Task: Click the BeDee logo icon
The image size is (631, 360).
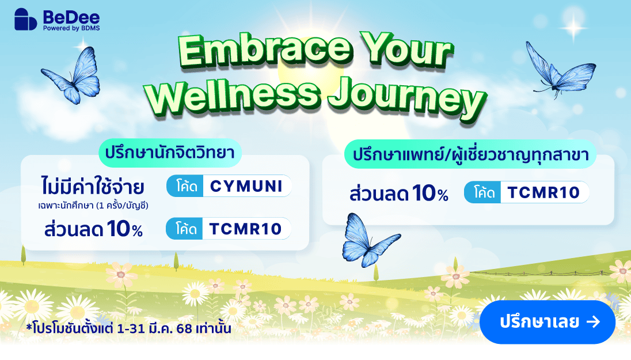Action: coord(26,20)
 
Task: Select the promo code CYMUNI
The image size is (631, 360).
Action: coord(246,186)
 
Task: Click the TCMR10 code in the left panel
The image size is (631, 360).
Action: coord(245,229)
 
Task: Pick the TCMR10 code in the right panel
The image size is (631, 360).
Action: coord(543,192)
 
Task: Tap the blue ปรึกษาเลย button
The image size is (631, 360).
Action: coord(548,322)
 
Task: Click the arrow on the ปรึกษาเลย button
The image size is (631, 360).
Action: coord(593,322)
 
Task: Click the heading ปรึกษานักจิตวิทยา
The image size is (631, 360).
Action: coord(170,153)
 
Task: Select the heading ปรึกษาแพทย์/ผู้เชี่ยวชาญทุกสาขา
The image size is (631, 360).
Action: coord(470,154)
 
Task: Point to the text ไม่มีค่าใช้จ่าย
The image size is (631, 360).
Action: coord(93,187)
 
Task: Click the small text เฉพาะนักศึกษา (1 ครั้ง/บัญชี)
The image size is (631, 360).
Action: coord(93,206)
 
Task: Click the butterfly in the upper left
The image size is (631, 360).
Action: coord(71,75)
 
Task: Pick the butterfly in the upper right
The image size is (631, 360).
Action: coord(560,71)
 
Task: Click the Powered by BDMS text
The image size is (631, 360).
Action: coord(71,28)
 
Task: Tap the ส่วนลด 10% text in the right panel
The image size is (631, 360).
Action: coord(398,194)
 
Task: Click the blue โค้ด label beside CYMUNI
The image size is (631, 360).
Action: coord(185,187)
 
